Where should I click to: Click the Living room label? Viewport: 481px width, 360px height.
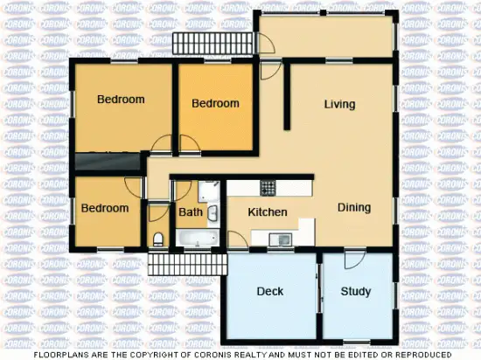[339, 105]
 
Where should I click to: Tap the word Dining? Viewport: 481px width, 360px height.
[354, 208]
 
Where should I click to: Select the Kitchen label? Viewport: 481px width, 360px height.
[268, 212]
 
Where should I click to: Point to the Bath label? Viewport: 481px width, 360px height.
[191, 212]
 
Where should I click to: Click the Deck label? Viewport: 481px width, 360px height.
[270, 291]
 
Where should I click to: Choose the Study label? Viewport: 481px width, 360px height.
[356, 291]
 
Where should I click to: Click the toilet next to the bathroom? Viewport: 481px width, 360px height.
[158, 239]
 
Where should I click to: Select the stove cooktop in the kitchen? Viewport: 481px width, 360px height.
[268, 187]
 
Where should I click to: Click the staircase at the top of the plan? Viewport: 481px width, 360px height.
[195, 42]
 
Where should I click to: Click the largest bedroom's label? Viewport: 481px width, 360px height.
[121, 100]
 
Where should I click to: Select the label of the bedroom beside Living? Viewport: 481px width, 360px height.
[215, 104]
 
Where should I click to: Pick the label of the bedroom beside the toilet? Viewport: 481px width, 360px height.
[105, 208]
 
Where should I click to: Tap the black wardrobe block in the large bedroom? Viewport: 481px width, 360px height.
[108, 161]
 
